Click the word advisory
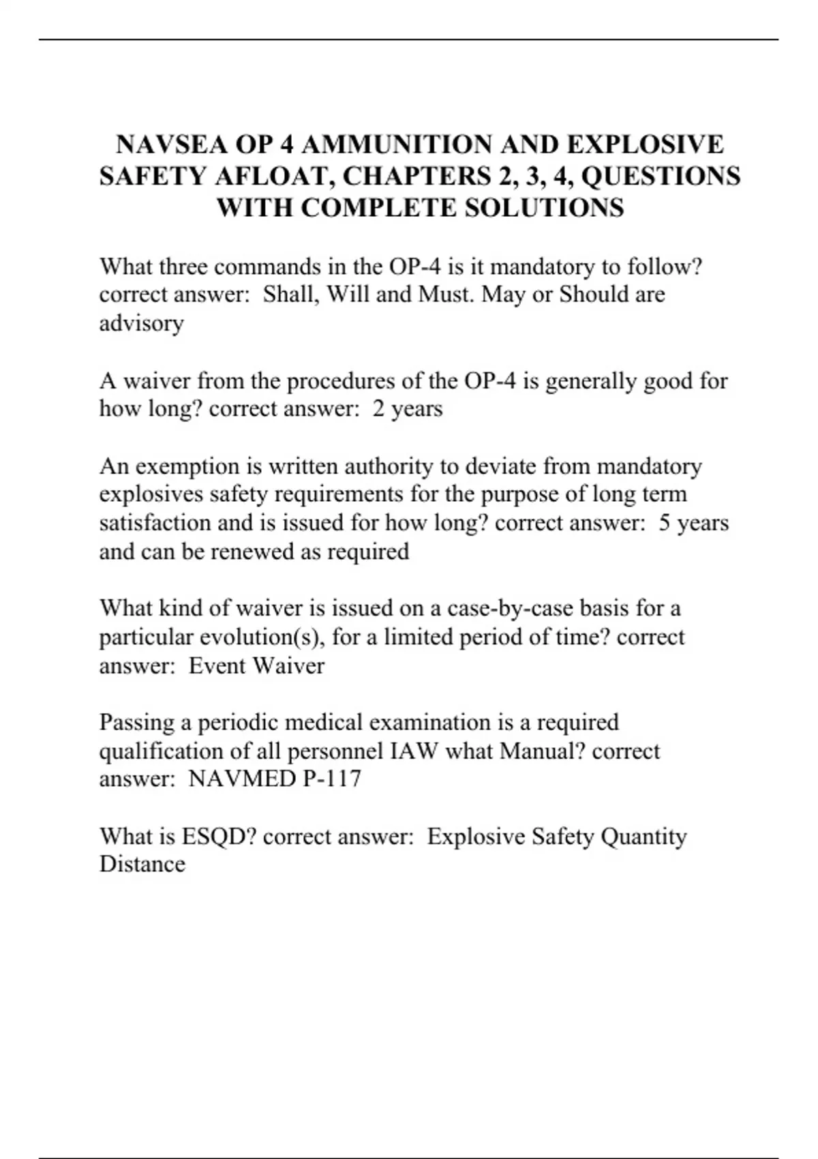141,323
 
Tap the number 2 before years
378,409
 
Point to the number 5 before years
665,523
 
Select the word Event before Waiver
217,665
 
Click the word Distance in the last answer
142,864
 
